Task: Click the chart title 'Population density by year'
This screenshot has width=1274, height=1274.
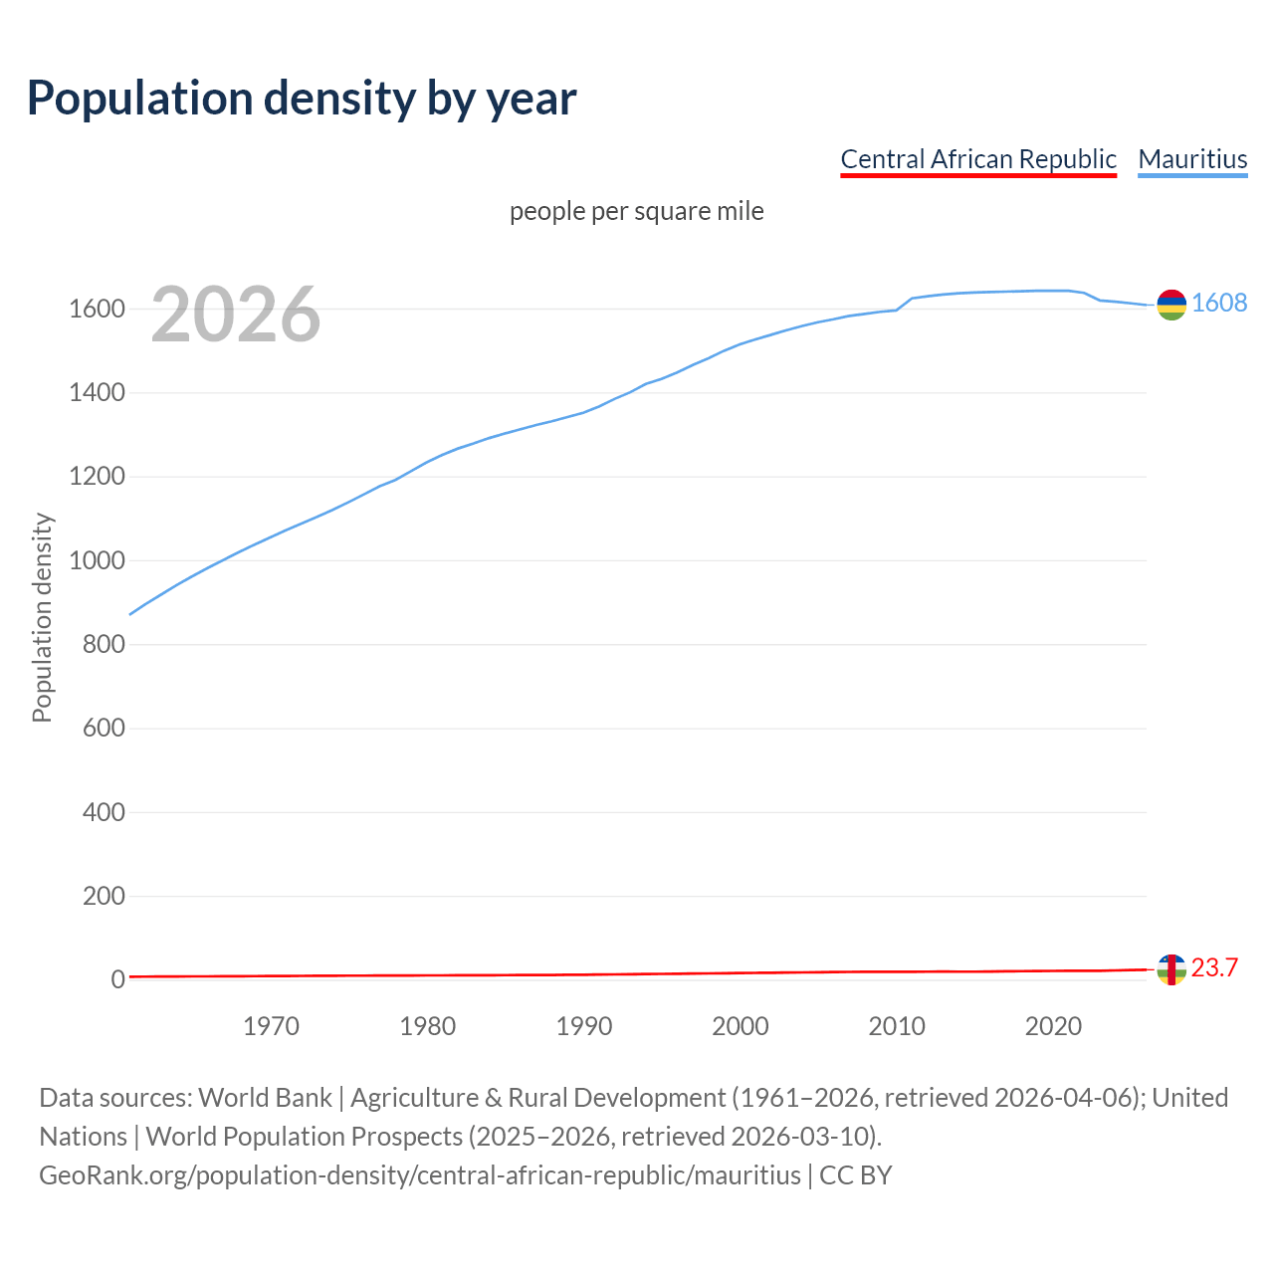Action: click(302, 99)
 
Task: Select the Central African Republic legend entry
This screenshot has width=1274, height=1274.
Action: click(978, 159)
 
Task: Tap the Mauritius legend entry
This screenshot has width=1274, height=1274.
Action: click(1192, 159)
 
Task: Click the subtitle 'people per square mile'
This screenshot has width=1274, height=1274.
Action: click(636, 211)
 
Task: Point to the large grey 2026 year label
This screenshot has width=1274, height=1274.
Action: click(236, 315)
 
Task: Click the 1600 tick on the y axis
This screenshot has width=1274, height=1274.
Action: click(97, 310)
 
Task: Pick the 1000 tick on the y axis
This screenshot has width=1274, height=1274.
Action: click(97, 561)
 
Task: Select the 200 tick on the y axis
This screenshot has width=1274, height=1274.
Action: click(104, 897)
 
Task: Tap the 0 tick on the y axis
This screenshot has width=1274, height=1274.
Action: click(117, 980)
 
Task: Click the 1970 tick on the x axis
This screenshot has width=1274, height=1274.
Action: click(271, 1026)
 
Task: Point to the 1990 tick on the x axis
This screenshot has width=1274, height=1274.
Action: click(584, 1026)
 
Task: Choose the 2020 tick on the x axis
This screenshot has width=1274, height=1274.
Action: click(1053, 1026)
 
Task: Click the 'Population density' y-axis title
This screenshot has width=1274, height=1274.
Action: click(42, 617)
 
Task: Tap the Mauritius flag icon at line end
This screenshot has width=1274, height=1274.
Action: click(1171, 305)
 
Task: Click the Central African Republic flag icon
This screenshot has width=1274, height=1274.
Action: click(1171, 968)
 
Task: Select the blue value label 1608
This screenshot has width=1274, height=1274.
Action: click(1219, 303)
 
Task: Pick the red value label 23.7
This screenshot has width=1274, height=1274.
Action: click(1214, 967)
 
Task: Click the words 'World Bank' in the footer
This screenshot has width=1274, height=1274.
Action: click(265, 1098)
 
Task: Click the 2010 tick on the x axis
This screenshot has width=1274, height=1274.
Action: click(897, 1026)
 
